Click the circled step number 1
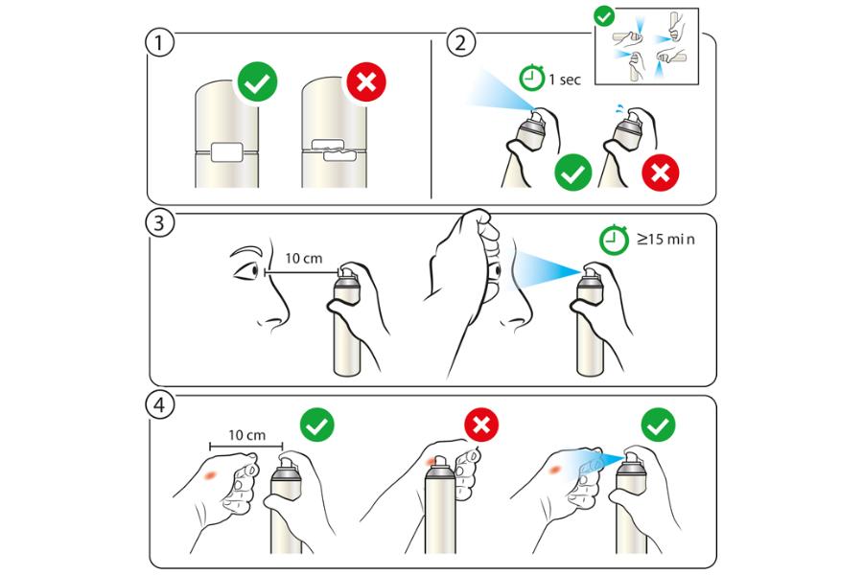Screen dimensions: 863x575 click(x=159, y=42)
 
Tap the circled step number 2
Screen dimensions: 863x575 click(x=460, y=42)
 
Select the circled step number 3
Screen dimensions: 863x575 click(x=159, y=223)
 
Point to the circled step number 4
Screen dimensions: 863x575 click(x=159, y=405)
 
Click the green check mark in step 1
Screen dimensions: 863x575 click(x=257, y=82)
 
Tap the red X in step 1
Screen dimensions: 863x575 click(x=366, y=82)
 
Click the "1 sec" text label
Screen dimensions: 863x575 click(x=565, y=80)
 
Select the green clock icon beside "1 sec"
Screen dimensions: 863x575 click(x=531, y=78)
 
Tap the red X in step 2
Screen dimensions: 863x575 click(x=661, y=172)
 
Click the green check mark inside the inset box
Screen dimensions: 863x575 click(x=604, y=16)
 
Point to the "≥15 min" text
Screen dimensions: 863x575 click(x=666, y=240)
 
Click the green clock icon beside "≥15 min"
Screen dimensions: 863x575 click(x=614, y=240)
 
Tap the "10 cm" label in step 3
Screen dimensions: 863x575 click(x=304, y=258)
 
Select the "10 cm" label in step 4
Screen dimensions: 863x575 click(x=247, y=435)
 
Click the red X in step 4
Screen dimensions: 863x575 click(x=481, y=425)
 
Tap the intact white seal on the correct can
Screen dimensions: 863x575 click(x=226, y=151)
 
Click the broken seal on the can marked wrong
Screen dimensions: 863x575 click(x=334, y=150)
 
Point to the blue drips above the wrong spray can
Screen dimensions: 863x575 click(x=619, y=107)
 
